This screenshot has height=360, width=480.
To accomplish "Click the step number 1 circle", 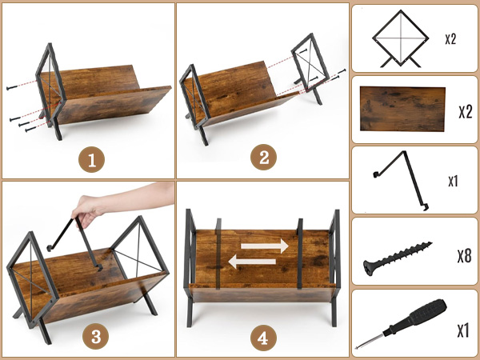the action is point(91,159).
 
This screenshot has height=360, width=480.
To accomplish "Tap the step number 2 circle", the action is point(263,158).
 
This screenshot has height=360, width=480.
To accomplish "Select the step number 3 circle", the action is point(96,337).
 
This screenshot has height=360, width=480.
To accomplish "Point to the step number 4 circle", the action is point(263,338).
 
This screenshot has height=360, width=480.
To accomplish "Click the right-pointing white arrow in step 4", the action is point(265,246).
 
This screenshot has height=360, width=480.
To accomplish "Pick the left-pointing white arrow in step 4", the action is point(252,262).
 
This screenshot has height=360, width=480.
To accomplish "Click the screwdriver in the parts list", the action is point(401,323).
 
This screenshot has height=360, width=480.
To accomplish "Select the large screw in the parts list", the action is point(398,258).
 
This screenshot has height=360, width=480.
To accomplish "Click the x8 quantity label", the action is point(464,256).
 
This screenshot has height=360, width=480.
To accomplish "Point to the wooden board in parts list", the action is point(402,109).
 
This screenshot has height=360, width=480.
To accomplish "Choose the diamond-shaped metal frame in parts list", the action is point(401,38).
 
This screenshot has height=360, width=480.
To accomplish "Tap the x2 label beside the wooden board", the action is point(466,112).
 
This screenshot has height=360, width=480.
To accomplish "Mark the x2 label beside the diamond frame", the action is point(450,39).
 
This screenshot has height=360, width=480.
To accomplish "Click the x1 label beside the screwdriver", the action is point(463,330).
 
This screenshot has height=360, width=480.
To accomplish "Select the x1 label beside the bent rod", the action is point(453,182).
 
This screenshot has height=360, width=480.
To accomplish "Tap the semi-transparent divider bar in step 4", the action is point(218,254).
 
